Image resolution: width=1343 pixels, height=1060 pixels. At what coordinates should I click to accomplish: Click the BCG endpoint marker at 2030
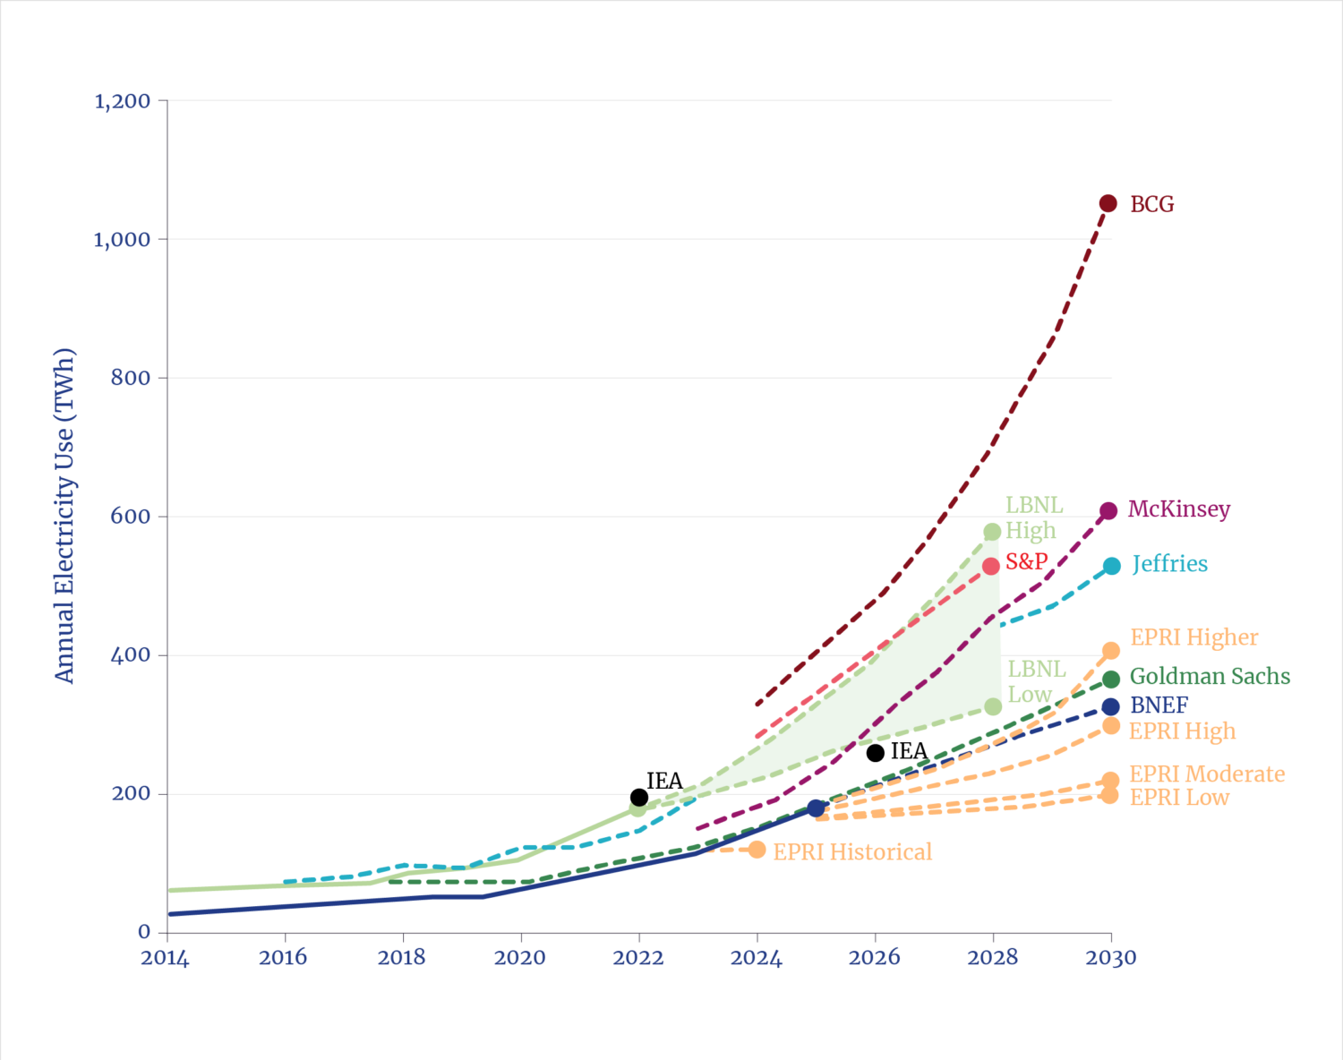point(1108,204)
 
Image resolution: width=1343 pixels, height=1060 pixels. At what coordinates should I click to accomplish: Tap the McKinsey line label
point(1178,509)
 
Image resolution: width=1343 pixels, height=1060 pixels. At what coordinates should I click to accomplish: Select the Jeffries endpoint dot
point(1111,566)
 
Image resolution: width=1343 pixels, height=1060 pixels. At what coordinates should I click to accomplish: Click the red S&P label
point(1025,561)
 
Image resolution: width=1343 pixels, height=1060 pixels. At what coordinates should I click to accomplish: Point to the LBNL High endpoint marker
point(992,532)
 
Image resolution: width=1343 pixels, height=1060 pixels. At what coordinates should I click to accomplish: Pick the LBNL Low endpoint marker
point(992,707)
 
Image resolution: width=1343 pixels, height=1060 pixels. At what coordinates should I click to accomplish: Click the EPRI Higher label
point(1193,637)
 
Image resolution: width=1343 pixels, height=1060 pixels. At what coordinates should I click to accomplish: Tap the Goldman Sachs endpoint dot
point(1111,679)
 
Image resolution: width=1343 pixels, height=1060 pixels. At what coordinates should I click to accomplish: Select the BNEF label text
point(1159,705)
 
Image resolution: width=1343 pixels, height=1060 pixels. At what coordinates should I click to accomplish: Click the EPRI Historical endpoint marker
point(757,850)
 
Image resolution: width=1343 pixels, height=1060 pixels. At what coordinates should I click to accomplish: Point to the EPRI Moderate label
point(1206,774)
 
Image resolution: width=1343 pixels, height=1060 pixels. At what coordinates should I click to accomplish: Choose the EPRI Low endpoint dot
point(1110,795)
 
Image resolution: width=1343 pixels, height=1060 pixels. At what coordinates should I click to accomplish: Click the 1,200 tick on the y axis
point(123,101)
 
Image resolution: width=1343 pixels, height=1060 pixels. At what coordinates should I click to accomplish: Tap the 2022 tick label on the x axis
point(637,958)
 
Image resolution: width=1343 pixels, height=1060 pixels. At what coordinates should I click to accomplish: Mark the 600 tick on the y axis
point(130,517)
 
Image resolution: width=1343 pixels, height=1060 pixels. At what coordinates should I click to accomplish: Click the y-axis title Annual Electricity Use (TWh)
point(64,516)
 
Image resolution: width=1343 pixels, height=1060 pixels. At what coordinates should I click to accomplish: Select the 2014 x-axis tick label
point(165,958)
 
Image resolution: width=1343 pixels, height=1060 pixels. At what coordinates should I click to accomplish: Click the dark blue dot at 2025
point(816,808)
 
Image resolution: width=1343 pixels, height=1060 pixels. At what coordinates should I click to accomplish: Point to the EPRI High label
point(1181,731)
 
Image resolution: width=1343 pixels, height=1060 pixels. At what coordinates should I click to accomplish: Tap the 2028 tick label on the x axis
point(992,958)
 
